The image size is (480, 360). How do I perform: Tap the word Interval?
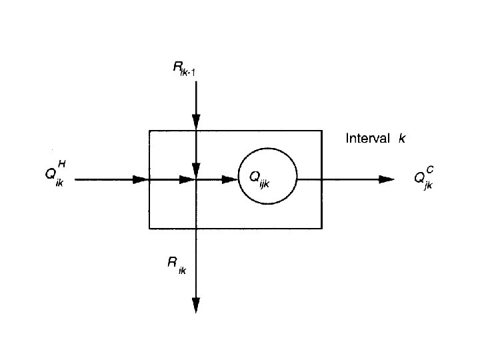tap(368, 139)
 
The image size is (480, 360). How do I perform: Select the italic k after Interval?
tap(402, 139)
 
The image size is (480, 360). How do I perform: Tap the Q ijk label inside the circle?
tap(259, 178)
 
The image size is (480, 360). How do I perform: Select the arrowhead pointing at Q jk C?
tap(386, 179)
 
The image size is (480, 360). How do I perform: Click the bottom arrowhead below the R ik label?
tap(196, 305)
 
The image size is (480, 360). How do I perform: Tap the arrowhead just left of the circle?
tap(230, 179)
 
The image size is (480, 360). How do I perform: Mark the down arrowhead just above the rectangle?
tap(196, 122)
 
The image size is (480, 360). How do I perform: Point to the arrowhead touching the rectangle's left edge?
tap(140, 179)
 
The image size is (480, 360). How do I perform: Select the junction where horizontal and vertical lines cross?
tap(196, 179)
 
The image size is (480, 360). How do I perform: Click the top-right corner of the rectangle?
tap(322, 131)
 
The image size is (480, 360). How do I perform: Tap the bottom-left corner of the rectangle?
tap(149, 228)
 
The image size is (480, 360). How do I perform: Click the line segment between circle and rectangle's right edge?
tap(309, 179)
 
